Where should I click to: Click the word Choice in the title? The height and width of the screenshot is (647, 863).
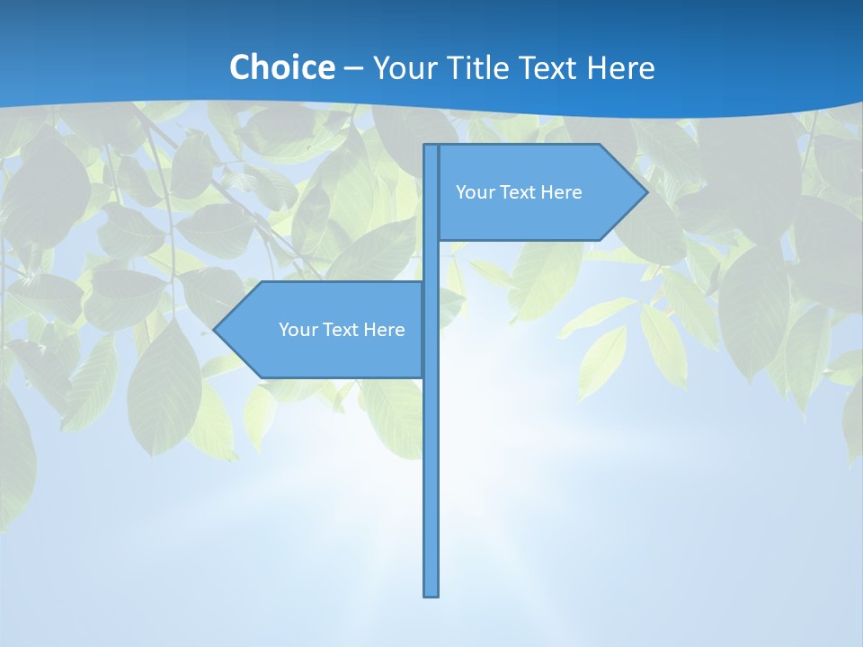click(x=281, y=67)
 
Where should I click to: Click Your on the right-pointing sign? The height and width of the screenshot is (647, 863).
click(x=474, y=192)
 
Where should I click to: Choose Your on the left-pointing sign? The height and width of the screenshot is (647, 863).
click(x=297, y=330)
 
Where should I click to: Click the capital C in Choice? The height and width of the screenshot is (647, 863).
click(x=239, y=68)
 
